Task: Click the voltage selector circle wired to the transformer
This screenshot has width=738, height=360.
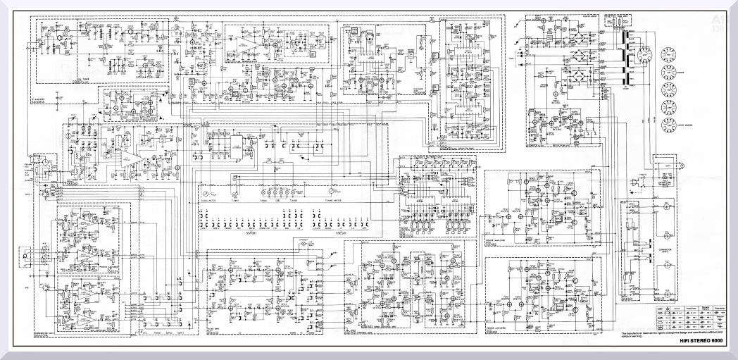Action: [644, 52]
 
